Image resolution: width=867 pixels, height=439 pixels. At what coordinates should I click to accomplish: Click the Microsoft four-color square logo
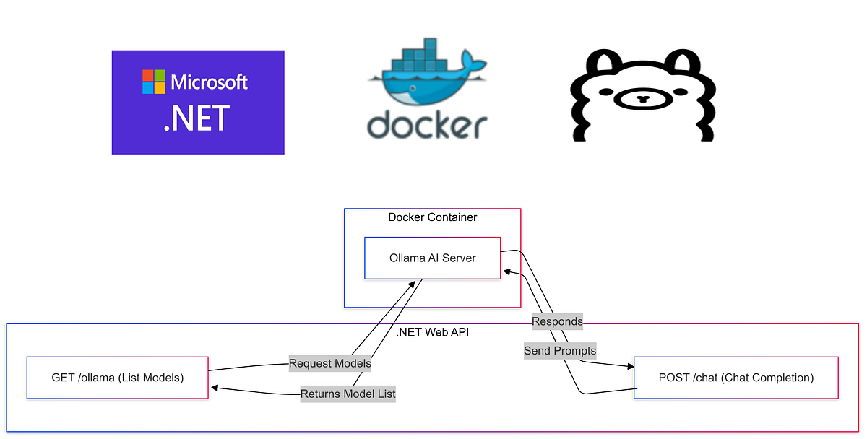(153, 82)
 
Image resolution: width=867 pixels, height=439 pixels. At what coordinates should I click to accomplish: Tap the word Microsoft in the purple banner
(209, 82)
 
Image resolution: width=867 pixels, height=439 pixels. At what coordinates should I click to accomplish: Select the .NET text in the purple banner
(197, 118)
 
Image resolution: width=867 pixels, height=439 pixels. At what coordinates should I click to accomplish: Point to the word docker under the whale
(426, 124)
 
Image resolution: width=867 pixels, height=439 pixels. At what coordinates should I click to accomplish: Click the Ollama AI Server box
(432, 258)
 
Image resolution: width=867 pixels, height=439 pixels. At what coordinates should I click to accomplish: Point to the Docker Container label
(432, 217)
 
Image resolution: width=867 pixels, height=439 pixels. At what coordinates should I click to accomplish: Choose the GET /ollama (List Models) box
(118, 377)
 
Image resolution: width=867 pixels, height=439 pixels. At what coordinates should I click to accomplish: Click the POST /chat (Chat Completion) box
(736, 377)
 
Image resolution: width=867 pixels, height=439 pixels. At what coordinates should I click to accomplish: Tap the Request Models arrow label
(330, 364)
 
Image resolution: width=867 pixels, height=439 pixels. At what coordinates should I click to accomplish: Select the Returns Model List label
(348, 394)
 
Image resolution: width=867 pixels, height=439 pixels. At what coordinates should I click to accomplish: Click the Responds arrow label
(557, 321)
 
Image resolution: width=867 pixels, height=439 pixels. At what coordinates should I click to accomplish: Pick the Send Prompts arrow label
(560, 351)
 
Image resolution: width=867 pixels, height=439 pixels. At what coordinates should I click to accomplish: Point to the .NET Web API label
(433, 333)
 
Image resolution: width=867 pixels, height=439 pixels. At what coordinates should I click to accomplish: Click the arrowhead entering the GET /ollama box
(215, 388)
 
